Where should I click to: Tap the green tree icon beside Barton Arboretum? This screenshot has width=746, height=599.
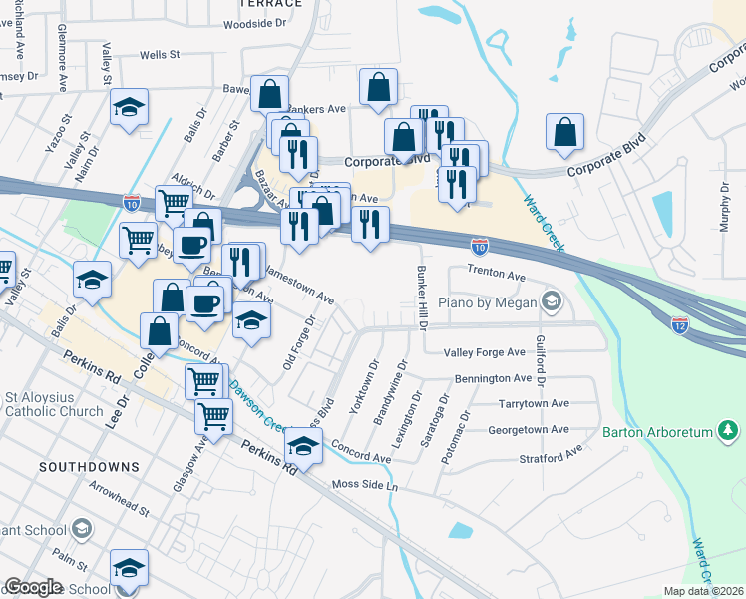729,431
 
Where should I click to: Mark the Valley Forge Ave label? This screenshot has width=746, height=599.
484,352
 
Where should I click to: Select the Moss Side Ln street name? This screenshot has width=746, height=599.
364,486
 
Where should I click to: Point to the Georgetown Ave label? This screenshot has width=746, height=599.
528,430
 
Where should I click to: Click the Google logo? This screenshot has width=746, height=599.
33,587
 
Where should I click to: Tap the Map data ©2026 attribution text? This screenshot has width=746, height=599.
702,591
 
